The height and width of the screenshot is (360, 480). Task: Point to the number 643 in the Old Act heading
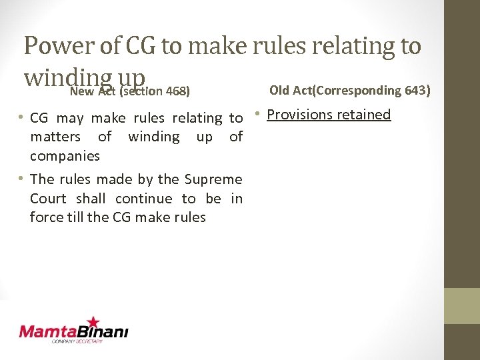pos(416,90)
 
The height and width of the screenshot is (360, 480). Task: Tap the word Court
pos(48,199)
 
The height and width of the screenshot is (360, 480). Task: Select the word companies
pos(65,156)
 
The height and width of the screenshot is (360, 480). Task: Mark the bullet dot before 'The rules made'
pos(22,179)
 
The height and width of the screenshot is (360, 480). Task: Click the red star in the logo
pos(93,321)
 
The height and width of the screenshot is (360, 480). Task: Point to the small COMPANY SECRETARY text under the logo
pos(77,341)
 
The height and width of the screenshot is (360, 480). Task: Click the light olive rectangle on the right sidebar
pos(461,306)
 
